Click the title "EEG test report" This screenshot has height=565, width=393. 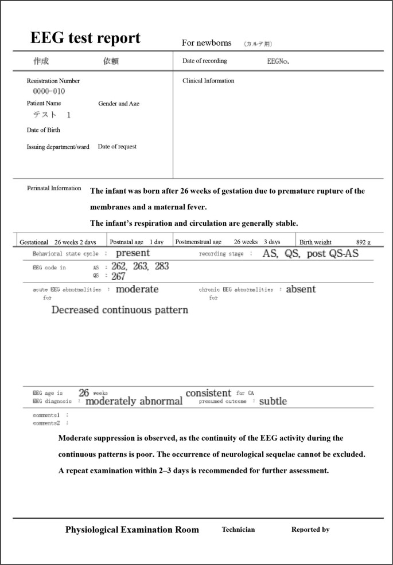coord(85,38)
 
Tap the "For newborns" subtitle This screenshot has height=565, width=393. coord(207,43)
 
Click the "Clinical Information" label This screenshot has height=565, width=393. coord(208,81)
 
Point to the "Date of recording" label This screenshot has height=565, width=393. coord(205,61)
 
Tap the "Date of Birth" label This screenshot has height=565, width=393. coord(43,130)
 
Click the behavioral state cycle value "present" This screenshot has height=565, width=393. coord(133,253)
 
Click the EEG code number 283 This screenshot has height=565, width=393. coord(162,266)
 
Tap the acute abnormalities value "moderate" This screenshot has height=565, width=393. coord(137,289)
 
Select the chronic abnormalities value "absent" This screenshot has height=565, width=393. coord(301,289)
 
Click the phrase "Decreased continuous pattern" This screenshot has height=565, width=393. coord(119,310)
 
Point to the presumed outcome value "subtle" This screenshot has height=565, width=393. coord(273,401)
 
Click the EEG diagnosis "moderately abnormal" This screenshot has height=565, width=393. coord(134,401)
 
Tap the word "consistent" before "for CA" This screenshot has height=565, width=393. coord(208,393)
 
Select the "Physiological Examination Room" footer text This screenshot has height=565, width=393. coord(132,529)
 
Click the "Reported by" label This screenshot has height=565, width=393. coord(310,529)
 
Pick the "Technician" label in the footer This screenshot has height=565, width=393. coord(238,529)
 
